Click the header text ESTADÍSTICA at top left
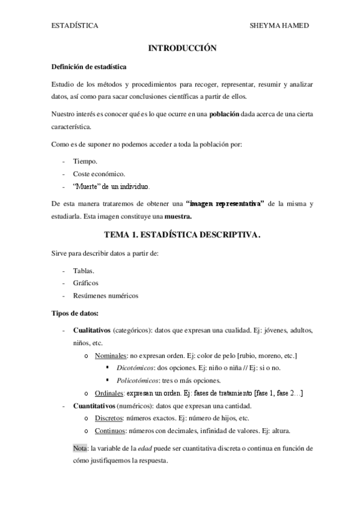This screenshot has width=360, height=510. click(x=75, y=26)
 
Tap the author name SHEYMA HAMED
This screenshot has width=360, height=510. click(x=278, y=26)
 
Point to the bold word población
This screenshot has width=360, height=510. click(x=224, y=114)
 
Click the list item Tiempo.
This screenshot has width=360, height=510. click(x=84, y=162)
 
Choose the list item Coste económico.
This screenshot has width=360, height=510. click(x=99, y=174)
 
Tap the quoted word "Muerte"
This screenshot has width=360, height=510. click(x=87, y=186)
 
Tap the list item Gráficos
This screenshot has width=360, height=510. click(x=86, y=283)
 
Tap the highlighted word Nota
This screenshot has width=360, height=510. click(x=80, y=449)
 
